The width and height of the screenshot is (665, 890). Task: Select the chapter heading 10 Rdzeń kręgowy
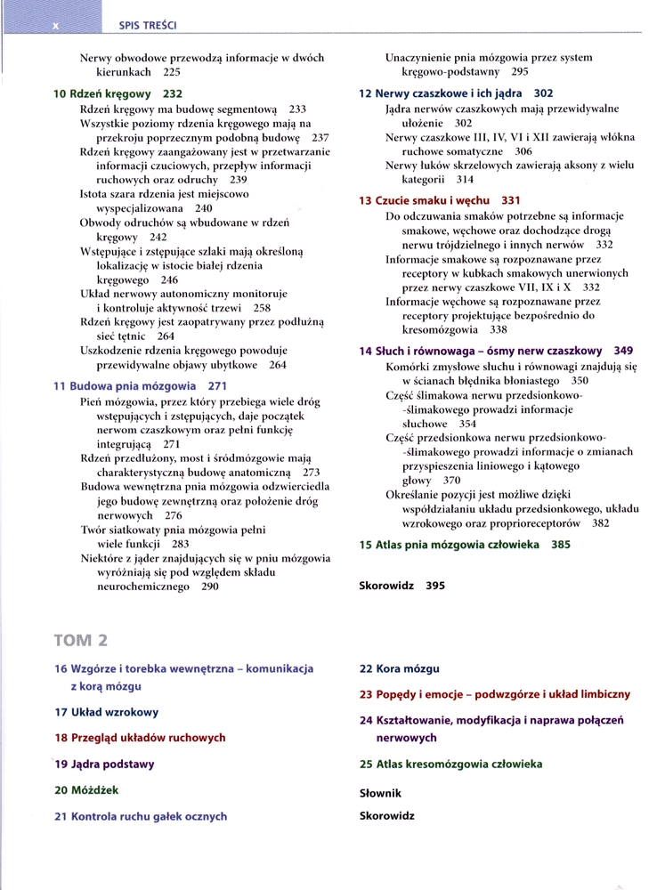click(117, 93)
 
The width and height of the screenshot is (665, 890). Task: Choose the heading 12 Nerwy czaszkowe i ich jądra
click(455, 93)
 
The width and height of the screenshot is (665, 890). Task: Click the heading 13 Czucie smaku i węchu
click(439, 200)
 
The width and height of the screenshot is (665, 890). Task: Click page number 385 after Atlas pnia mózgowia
click(561, 545)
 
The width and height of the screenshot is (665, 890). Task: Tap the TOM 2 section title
click(81, 640)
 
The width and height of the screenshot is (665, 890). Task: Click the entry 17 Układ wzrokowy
click(106, 712)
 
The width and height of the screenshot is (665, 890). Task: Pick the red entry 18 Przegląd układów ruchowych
click(140, 738)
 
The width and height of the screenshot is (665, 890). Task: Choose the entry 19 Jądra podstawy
click(104, 764)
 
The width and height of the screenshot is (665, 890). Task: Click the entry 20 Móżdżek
click(86, 789)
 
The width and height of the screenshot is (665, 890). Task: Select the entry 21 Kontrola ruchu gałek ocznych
click(141, 815)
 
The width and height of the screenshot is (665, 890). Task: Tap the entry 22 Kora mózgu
click(399, 667)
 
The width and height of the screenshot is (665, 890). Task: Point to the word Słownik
click(380, 792)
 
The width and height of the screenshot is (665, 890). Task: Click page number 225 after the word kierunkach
click(172, 72)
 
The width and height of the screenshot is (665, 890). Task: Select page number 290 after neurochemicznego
click(209, 587)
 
